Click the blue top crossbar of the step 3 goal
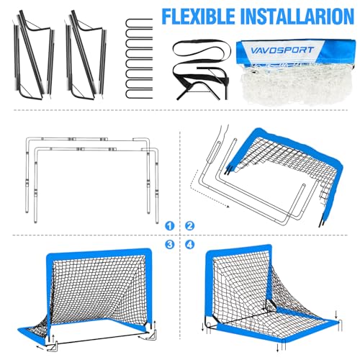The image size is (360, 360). [x=101, y=254]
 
